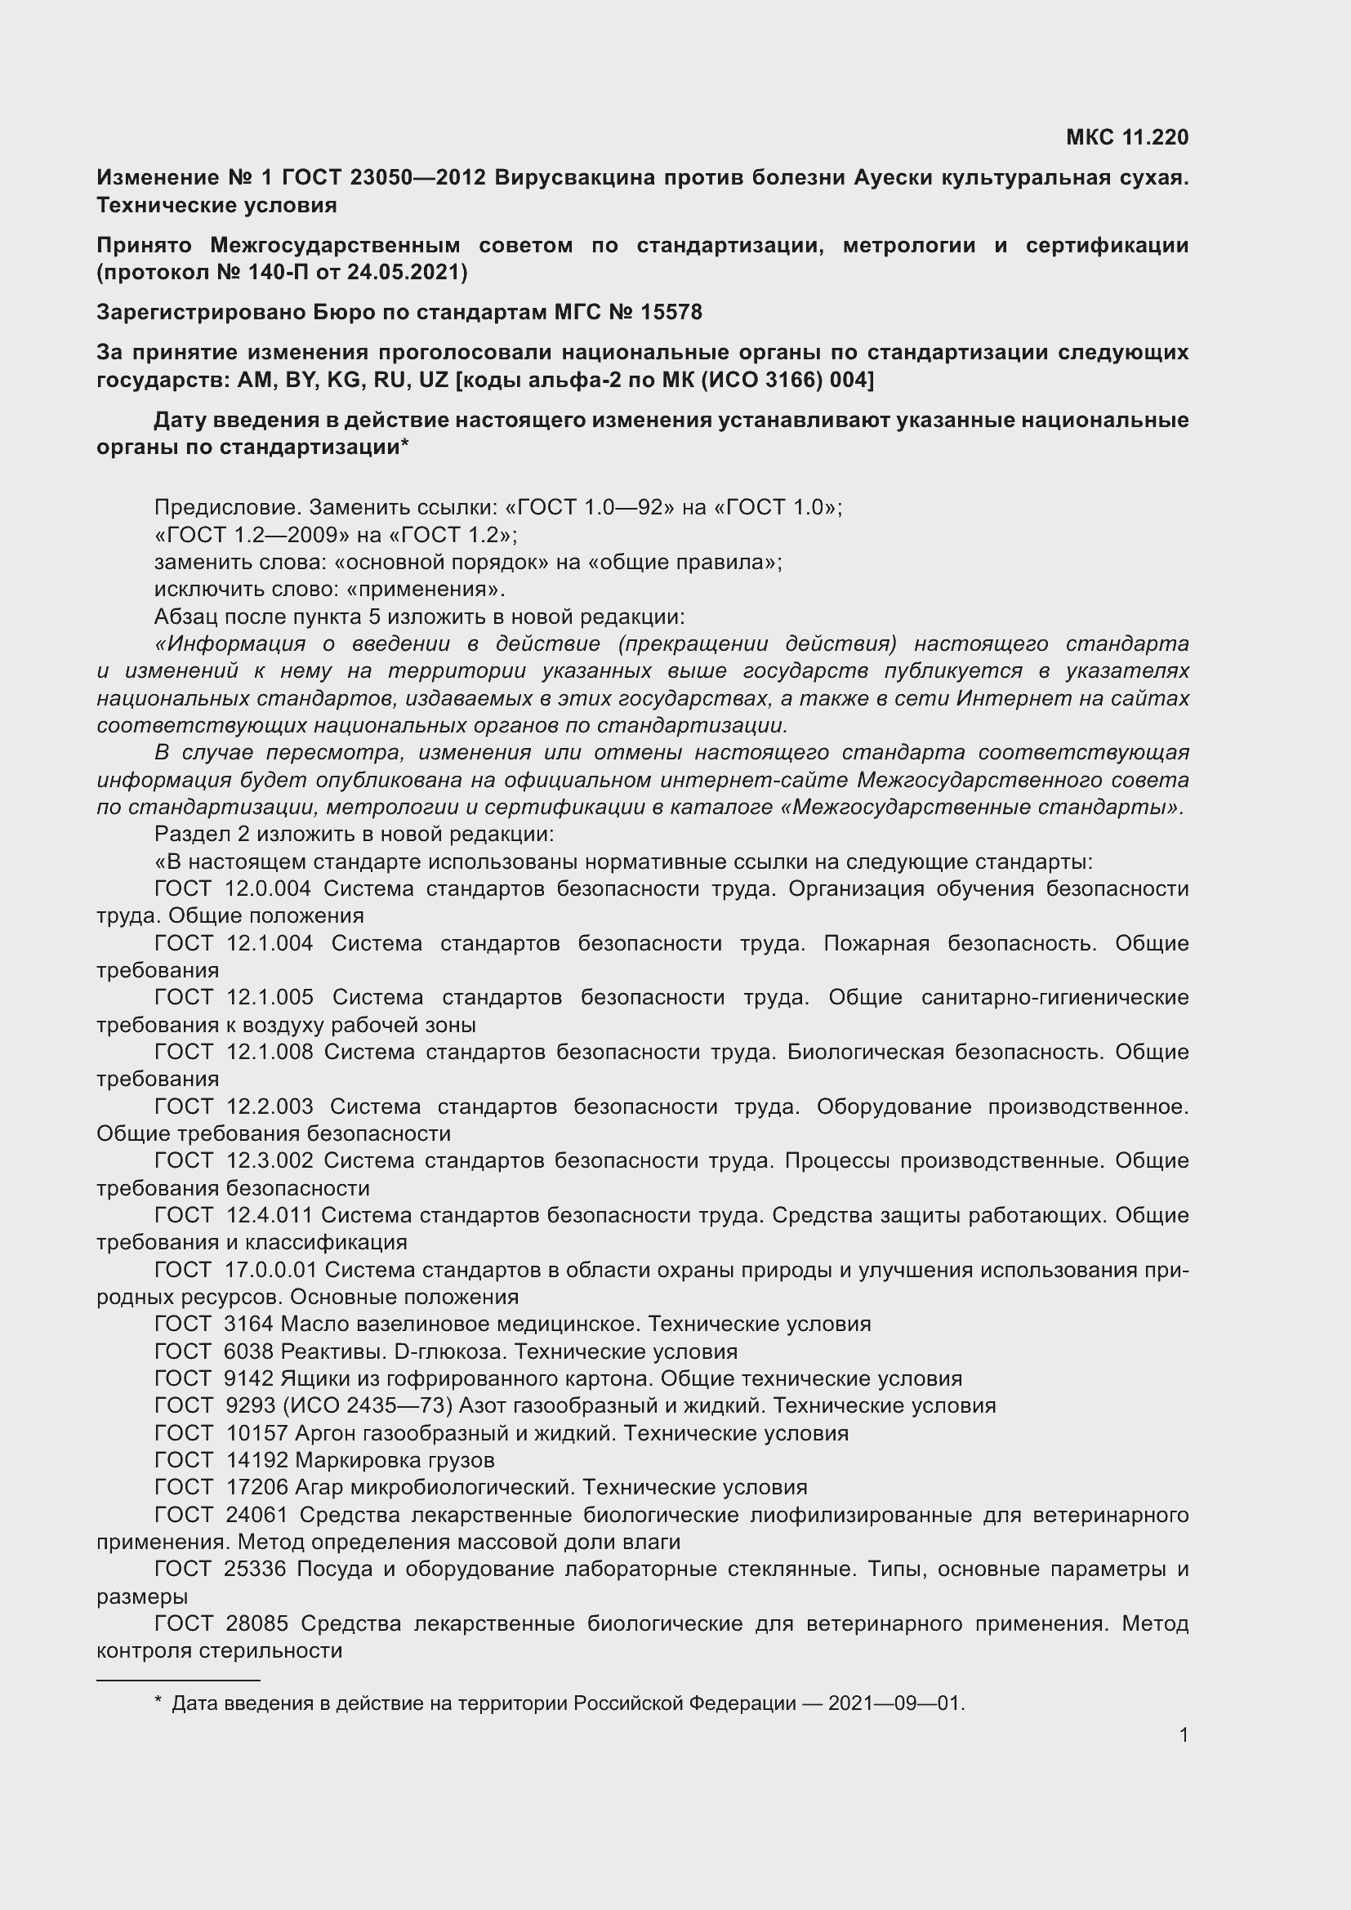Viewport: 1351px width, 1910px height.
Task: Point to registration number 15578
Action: (671, 312)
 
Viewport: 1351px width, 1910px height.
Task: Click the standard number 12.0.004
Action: (268, 888)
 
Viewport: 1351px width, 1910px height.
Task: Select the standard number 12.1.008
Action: (268, 1052)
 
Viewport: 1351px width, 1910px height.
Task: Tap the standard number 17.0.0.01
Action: (273, 1270)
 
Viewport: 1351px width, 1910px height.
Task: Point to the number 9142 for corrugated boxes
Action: (249, 1378)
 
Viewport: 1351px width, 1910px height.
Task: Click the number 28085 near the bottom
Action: (256, 1623)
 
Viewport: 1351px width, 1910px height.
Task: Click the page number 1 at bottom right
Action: (1183, 1734)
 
